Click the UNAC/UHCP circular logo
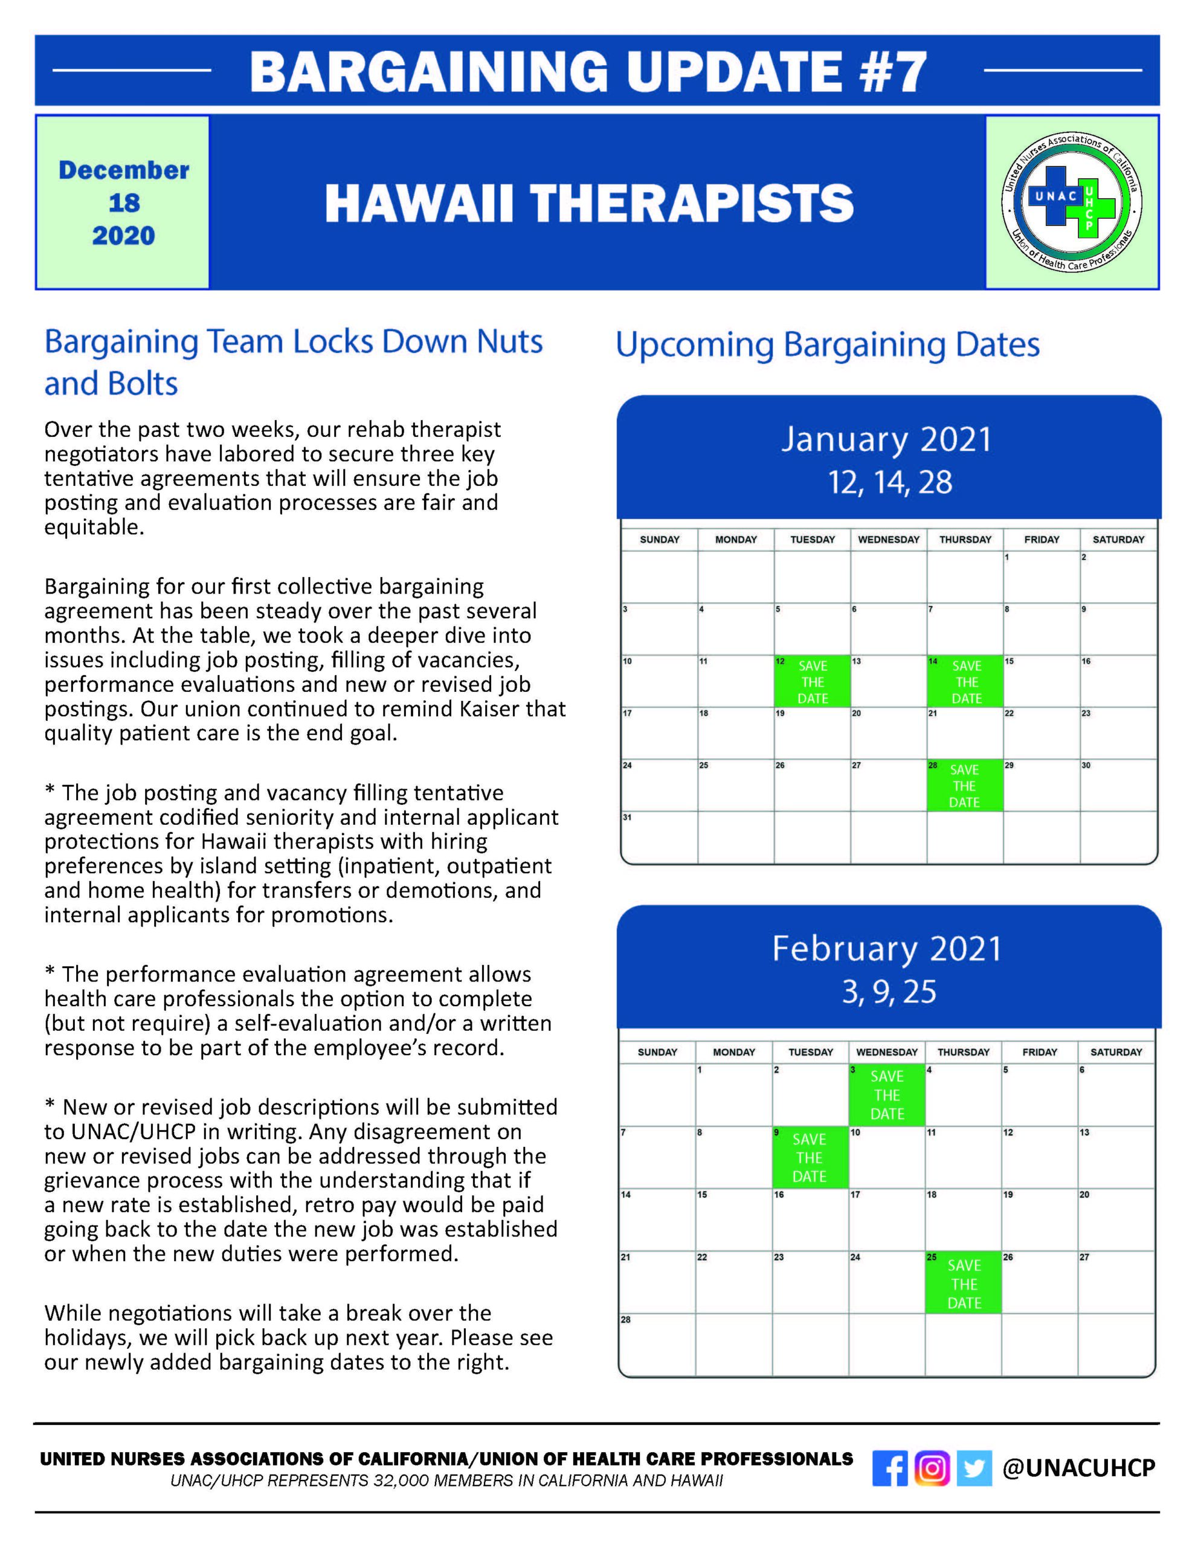click(1072, 202)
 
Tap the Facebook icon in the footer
click(890, 1468)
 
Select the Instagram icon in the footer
click(932, 1468)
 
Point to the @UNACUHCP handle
click(1078, 1468)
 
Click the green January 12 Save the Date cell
click(812, 682)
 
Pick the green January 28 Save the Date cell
click(964, 785)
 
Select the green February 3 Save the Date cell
click(887, 1095)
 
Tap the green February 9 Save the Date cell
click(810, 1157)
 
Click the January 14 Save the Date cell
click(965, 682)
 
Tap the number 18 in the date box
click(124, 203)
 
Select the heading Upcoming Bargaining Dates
click(826, 346)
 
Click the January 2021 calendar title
click(887, 439)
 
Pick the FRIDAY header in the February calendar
click(1039, 1052)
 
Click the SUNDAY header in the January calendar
click(660, 540)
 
